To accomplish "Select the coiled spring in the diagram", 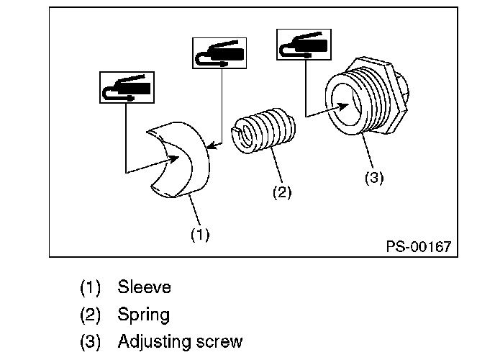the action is click(263, 131).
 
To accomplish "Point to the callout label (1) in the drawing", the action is click(200, 235).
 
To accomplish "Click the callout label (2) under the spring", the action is click(282, 192).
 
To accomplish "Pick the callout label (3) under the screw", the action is click(374, 177).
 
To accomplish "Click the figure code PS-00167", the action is click(419, 246).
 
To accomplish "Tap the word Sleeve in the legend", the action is click(145, 287).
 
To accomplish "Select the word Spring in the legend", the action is click(144, 315).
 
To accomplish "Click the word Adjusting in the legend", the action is click(155, 342).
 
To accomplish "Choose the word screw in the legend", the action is click(219, 342).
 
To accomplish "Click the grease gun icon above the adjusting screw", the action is click(304, 45).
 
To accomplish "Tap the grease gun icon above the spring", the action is click(219, 53).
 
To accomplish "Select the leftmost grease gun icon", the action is click(127, 87).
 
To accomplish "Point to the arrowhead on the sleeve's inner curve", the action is click(173, 159).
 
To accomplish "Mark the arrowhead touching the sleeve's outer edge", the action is click(211, 145).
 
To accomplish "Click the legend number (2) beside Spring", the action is click(90, 315).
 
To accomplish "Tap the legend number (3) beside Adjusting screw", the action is click(90, 342).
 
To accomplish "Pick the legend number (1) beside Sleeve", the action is click(90, 287).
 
